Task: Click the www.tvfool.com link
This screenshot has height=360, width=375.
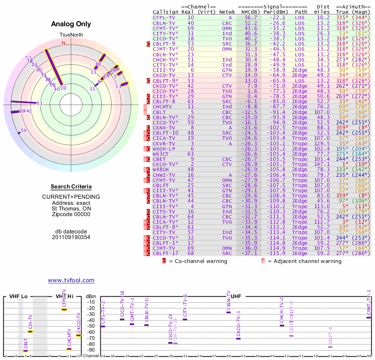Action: [71, 280]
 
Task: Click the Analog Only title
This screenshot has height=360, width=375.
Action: [71, 24]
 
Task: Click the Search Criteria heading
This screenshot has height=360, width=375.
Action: [71, 187]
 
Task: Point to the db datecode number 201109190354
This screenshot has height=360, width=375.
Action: [71, 237]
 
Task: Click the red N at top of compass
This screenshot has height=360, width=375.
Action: [63, 43]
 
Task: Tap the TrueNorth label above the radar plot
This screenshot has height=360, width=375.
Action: [71, 35]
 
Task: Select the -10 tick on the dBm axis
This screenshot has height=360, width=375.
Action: [91, 302]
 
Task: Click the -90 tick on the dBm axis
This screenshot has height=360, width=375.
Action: [91, 350]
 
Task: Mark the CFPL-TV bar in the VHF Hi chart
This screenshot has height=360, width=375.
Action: [64, 310]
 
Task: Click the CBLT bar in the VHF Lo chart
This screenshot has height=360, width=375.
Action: [26, 351]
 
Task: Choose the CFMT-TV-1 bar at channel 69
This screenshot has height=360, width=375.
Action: [369, 317]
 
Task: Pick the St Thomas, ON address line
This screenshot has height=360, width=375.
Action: [71, 208]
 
